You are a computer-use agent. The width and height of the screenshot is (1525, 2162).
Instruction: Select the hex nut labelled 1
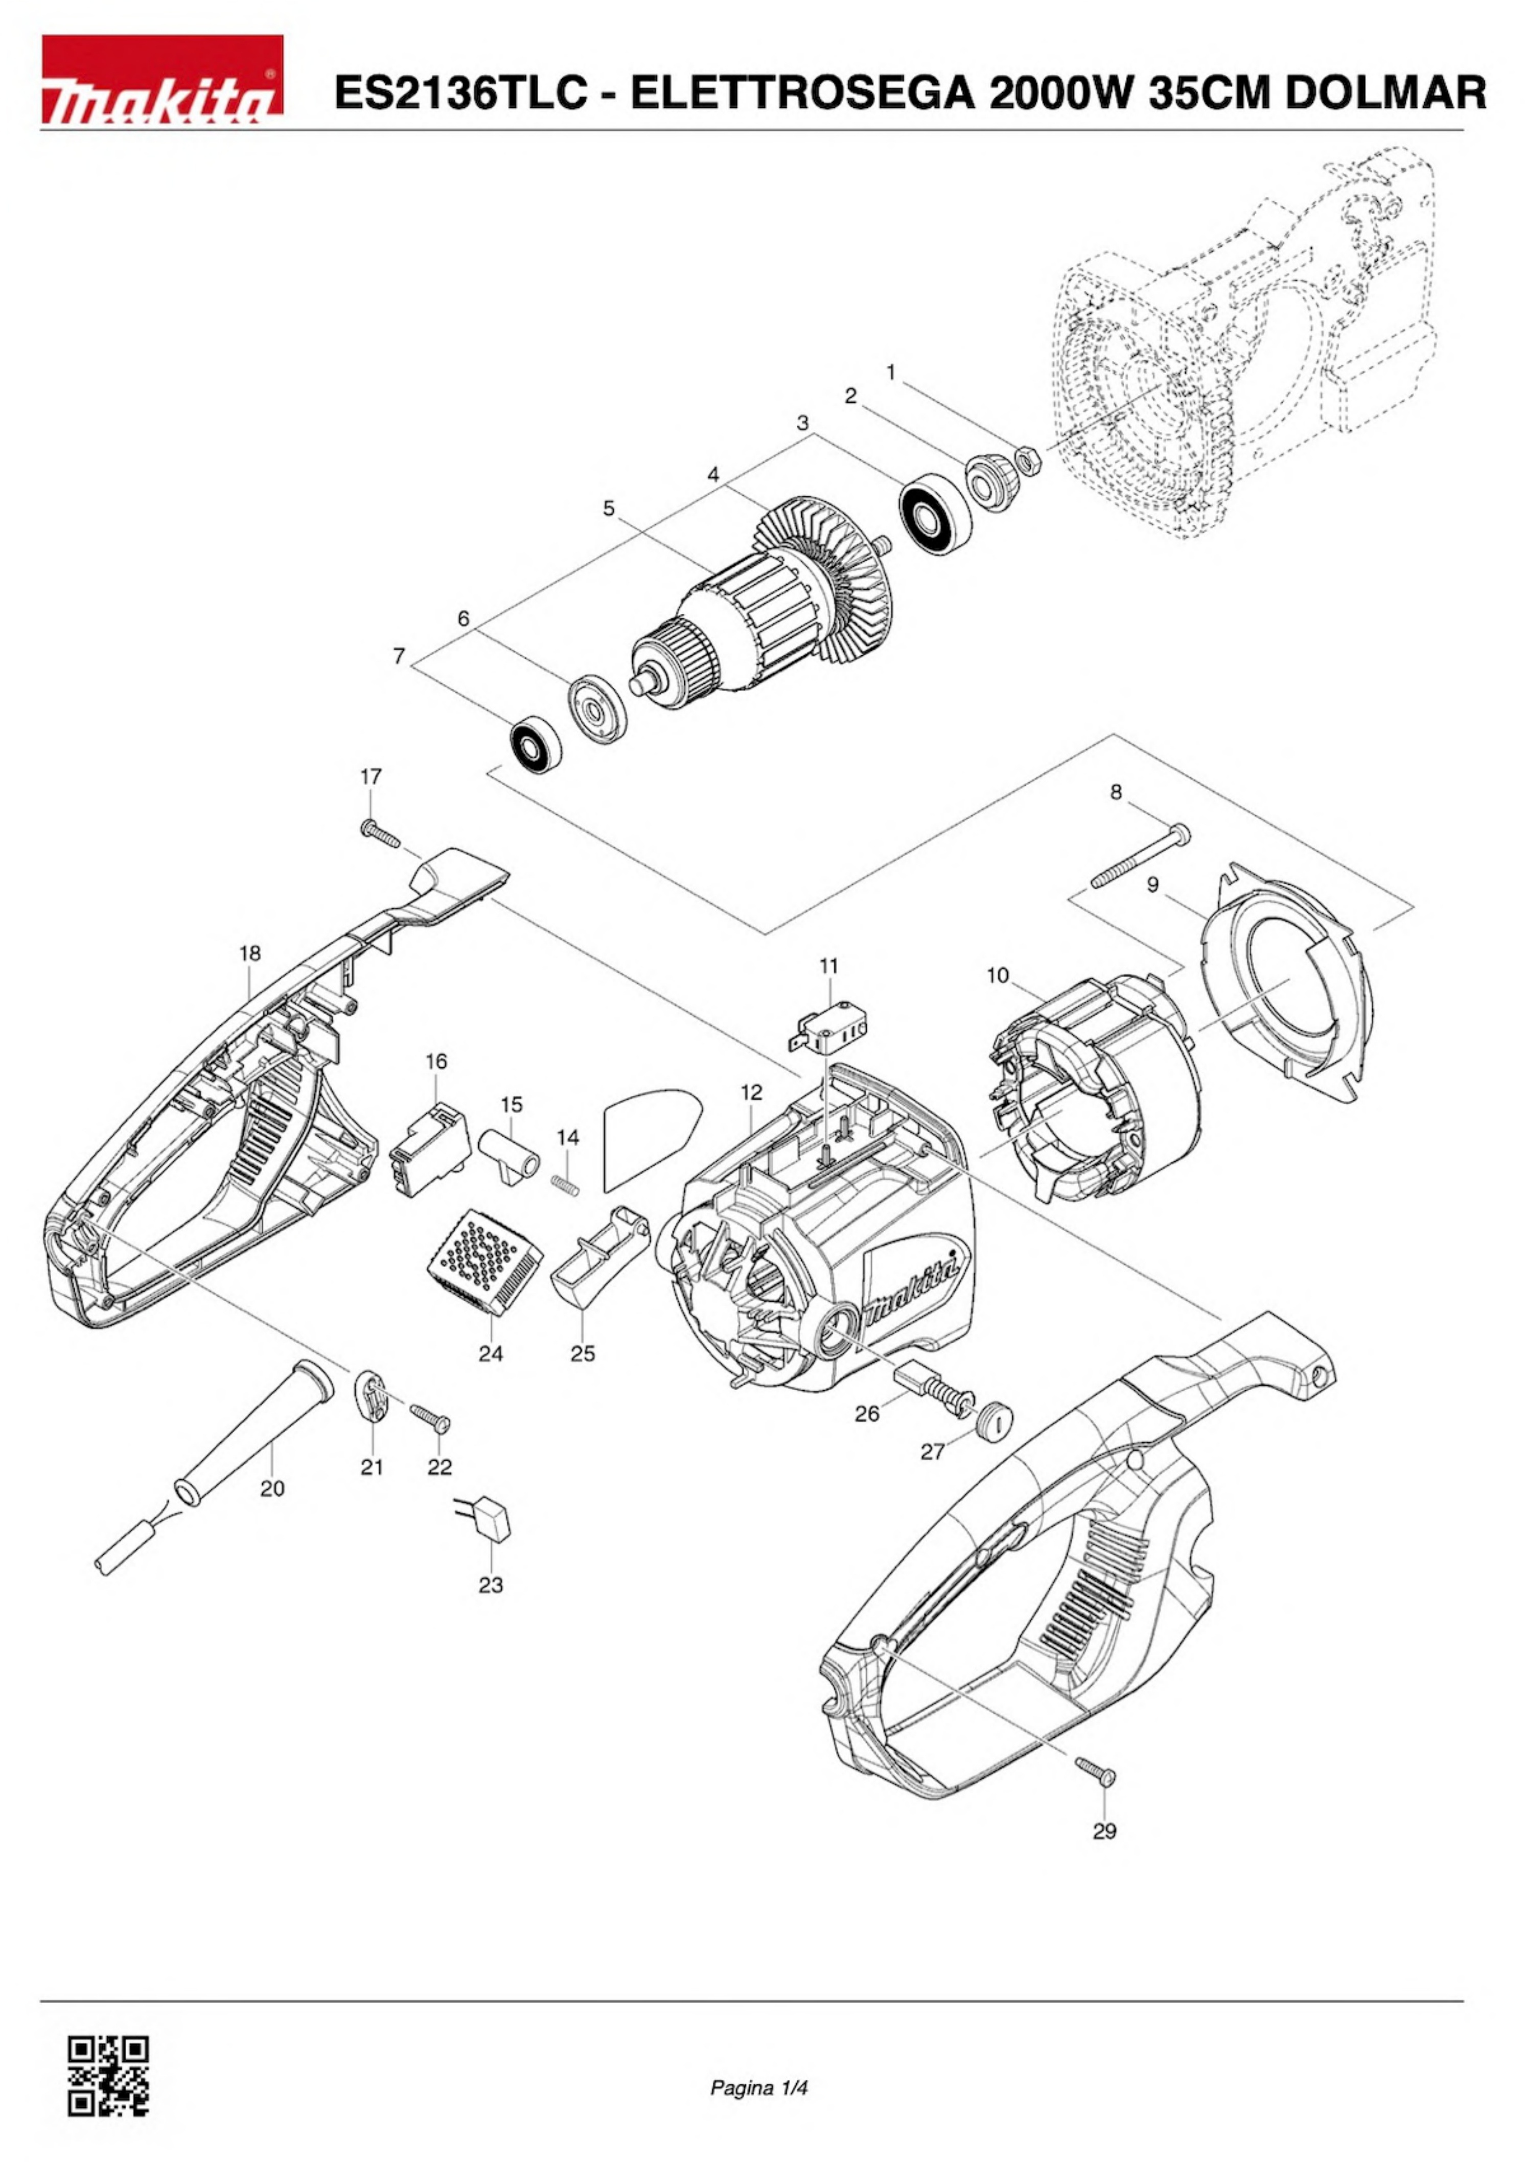(1026, 461)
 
